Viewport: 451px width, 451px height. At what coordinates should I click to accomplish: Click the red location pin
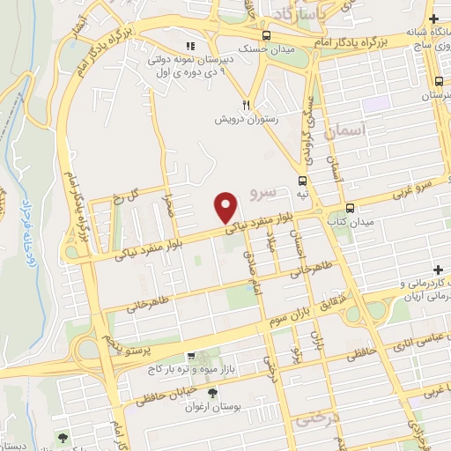(226, 208)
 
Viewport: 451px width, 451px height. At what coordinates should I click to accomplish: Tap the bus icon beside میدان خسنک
(265, 36)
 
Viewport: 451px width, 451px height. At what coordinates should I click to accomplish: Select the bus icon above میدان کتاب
(351, 209)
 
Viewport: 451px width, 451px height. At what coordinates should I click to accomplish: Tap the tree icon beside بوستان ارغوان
(211, 393)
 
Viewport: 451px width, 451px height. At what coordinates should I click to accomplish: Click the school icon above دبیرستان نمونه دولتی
(189, 46)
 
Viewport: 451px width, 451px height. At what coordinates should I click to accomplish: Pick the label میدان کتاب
(356, 222)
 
